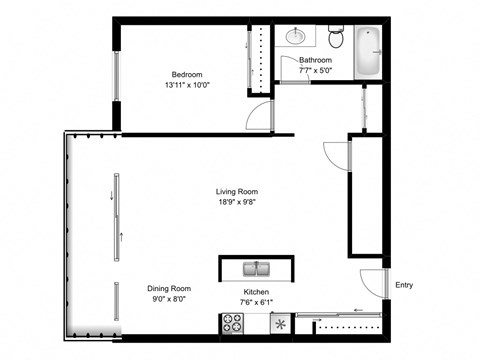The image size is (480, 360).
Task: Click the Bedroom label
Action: click(x=187, y=75)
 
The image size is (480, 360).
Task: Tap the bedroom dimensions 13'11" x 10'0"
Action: click(x=187, y=86)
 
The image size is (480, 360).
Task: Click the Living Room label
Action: click(x=237, y=192)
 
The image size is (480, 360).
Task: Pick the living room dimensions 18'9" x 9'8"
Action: click(x=237, y=204)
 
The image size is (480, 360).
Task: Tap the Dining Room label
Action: click(x=169, y=288)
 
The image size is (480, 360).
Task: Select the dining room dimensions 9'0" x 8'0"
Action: click(x=169, y=299)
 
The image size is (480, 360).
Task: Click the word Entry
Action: click(x=404, y=285)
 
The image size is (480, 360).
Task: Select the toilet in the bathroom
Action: click(x=336, y=38)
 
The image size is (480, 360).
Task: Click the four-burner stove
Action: click(x=232, y=324)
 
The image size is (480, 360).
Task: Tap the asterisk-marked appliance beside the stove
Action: click(x=279, y=324)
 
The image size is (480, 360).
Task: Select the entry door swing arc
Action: click(x=372, y=284)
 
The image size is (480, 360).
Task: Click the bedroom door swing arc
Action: click(x=259, y=116)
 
